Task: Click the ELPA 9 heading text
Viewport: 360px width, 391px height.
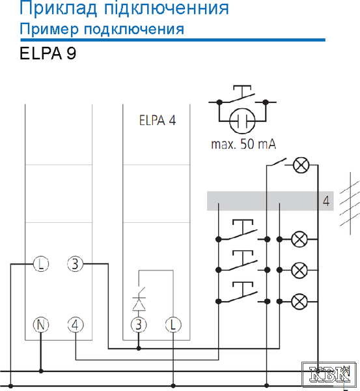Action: coord(48,53)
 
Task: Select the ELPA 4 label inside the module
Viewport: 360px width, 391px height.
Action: coord(157,120)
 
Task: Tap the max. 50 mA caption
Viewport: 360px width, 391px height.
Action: coord(243,144)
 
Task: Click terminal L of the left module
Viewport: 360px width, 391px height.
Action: coord(41,264)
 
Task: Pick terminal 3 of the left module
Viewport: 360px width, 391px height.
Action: coord(76,264)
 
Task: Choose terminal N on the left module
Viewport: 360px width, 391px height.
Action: coord(41,325)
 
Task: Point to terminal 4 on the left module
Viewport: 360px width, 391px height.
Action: coord(76,325)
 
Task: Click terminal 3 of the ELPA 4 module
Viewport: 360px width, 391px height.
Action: coord(139,325)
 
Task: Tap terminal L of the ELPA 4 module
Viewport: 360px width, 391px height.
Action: coord(173,325)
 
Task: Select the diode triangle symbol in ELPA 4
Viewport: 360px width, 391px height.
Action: coord(139,304)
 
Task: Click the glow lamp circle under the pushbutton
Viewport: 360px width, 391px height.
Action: coord(242,121)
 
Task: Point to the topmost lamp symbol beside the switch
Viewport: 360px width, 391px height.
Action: coord(301,165)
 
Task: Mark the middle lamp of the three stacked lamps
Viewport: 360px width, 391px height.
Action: coord(299,270)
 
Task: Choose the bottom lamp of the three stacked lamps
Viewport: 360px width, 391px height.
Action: coord(299,302)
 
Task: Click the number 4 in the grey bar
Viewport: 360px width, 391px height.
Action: coord(326,201)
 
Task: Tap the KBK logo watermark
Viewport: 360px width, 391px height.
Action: coord(329,375)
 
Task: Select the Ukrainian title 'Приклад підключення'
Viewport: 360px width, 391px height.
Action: coord(124,8)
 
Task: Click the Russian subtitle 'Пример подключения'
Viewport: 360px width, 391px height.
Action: coord(102,29)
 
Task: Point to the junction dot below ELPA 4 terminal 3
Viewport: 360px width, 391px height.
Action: coord(139,349)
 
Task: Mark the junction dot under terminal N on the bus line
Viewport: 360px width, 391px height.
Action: coord(41,371)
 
